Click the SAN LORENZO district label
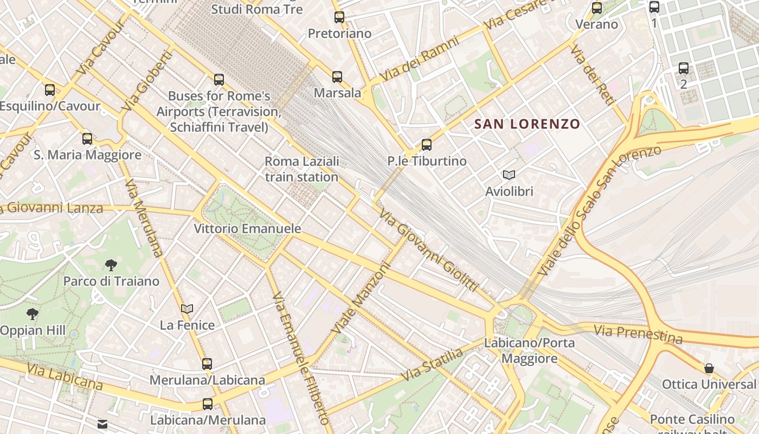[527, 124]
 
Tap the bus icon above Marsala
[337, 77]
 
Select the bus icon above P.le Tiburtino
[427, 145]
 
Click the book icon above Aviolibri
[509, 175]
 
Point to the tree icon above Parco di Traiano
[111, 265]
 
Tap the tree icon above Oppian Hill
[33, 314]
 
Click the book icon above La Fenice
[187, 309]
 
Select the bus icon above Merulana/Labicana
[207, 364]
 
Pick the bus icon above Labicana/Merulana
[208, 404]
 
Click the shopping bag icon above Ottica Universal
[709, 369]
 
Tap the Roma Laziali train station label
[301, 169]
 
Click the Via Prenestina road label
[638, 334]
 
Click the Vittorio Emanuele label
[247, 228]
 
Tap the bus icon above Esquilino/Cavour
[50, 90]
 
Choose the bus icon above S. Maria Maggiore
[87, 139]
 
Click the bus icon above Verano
[597, 8]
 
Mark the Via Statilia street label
[433, 365]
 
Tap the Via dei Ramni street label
[411, 64]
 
